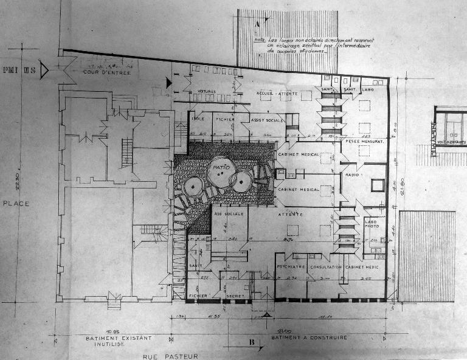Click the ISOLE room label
click(x=198, y=119)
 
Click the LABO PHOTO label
click(x=371, y=224)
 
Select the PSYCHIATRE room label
click(x=291, y=267)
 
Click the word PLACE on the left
click(x=16, y=203)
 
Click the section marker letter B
click(x=251, y=342)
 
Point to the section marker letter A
click(x=258, y=24)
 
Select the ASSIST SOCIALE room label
click(x=268, y=120)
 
